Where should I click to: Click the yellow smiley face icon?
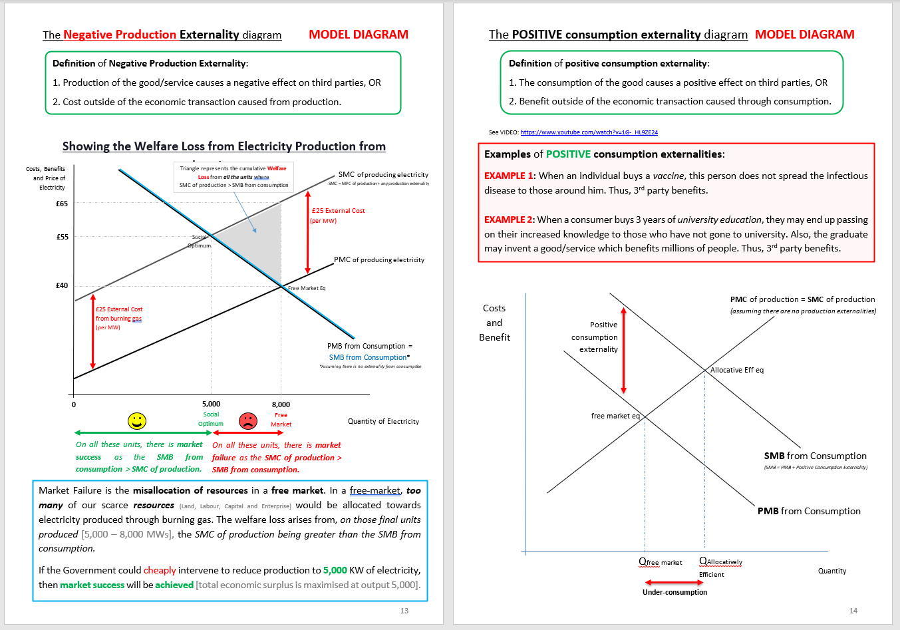pos(137,420)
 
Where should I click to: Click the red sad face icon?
pos(247,420)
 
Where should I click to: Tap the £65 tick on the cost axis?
pos(62,204)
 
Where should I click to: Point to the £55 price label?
pos(62,237)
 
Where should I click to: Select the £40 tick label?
pos(62,285)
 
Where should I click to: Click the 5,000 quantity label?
pos(211,404)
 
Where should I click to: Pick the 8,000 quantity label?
pos(281,404)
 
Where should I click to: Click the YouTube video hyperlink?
pos(589,132)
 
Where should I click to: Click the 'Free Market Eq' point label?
pos(307,288)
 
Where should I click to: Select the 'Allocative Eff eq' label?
pos(737,370)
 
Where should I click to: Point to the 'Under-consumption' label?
pos(675,592)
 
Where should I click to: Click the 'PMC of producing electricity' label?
pos(379,259)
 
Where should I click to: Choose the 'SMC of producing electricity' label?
pos(383,174)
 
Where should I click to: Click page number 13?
pos(404,611)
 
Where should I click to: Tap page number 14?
pos(853,611)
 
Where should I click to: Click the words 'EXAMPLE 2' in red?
pos(509,220)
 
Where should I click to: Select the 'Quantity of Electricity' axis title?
pos(383,421)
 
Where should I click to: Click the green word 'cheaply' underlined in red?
pos(160,570)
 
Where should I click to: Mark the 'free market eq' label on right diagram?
pos(615,416)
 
